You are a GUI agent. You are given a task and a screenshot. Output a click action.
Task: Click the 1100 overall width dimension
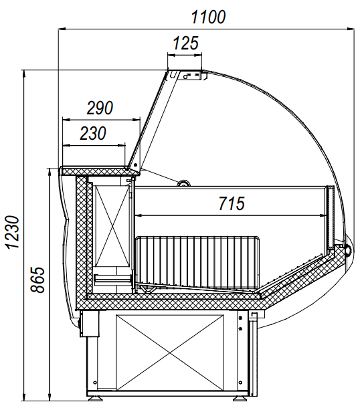coord(208,17)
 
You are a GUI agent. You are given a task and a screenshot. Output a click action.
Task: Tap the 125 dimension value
coord(185,43)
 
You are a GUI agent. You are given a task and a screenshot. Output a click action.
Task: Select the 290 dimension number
coord(100,108)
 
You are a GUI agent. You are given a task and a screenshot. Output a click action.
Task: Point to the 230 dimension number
coord(93,133)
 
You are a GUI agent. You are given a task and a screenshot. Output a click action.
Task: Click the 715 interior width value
coord(232,204)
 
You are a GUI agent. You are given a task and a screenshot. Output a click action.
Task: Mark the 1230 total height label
coord(13,233)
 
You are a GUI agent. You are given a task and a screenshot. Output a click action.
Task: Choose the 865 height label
coord(38,280)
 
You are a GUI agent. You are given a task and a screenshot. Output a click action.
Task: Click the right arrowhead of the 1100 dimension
coord(351,28)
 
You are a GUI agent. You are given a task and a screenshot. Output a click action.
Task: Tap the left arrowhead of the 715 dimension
coord(138,215)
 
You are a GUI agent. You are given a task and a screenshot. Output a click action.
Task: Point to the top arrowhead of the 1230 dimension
coord(24,74)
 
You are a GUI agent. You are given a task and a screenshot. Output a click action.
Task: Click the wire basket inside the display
coord(197,262)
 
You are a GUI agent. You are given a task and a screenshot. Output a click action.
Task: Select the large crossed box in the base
coord(169,353)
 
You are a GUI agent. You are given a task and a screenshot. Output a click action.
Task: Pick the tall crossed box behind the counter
coord(112,226)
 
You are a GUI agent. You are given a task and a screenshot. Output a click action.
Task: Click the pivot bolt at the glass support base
coord(135,165)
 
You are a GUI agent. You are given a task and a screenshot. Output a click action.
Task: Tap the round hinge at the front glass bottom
coord(348,249)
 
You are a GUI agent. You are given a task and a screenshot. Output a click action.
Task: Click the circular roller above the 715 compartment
coord(183,183)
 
